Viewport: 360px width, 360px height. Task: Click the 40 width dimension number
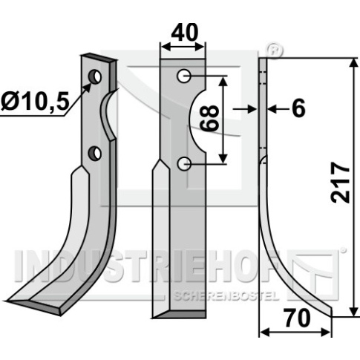(x=184, y=33)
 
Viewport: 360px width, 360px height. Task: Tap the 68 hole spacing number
(x=209, y=118)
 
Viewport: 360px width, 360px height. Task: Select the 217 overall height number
(x=340, y=183)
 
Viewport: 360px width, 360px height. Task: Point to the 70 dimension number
(x=297, y=318)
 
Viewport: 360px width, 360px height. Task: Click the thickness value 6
(x=299, y=108)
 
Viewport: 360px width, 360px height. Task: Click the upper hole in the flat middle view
(x=183, y=76)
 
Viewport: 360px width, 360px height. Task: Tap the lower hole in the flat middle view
(x=184, y=163)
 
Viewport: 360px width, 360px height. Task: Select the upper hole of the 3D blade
(x=95, y=76)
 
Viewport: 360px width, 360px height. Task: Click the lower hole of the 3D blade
(x=95, y=153)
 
